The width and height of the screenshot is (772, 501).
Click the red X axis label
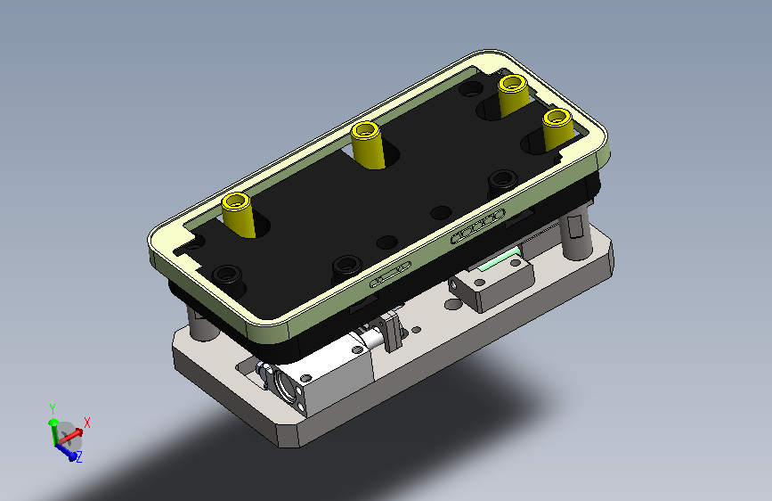tap(87, 423)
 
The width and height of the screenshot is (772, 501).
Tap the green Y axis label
tap(53, 409)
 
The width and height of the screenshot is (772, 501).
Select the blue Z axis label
tap(78, 456)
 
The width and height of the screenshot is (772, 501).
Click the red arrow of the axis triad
tap(71, 435)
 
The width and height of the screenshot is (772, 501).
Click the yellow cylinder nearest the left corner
tap(238, 215)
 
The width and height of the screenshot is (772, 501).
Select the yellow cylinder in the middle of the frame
tap(368, 145)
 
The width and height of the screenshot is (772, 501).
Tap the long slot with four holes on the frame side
tap(477, 226)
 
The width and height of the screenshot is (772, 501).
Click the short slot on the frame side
tap(390, 275)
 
